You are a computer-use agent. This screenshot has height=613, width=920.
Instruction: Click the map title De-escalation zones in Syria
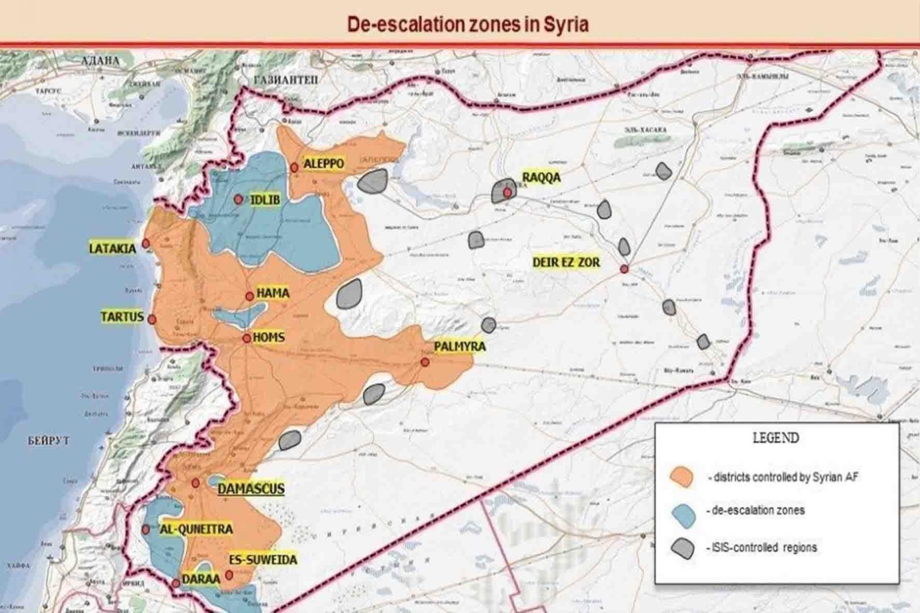click(x=468, y=25)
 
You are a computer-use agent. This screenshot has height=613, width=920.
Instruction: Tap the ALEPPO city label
click(x=323, y=163)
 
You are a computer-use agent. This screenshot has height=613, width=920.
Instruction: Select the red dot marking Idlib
click(x=238, y=199)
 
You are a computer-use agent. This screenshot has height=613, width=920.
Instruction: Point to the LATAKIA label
click(x=113, y=248)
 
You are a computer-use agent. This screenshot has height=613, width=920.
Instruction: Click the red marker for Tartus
click(x=152, y=320)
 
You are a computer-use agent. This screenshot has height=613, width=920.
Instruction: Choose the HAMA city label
click(x=273, y=293)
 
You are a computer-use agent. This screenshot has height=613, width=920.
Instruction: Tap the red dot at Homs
click(x=247, y=339)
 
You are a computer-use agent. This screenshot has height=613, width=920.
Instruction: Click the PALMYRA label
click(x=460, y=347)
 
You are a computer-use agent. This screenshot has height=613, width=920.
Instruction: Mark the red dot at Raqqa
click(x=507, y=193)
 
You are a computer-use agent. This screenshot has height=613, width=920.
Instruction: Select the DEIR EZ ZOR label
click(x=566, y=262)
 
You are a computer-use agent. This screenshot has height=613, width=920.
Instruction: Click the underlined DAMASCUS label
click(x=250, y=489)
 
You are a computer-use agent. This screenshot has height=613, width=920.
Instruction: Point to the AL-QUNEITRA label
click(x=196, y=529)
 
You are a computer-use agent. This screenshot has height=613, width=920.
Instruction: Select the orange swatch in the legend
click(x=682, y=477)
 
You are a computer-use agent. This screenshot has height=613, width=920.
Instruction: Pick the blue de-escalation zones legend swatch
click(x=683, y=515)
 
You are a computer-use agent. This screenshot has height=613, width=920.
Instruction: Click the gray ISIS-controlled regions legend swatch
click(x=682, y=548)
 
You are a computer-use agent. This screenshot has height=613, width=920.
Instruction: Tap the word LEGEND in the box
click(x=776, y=438)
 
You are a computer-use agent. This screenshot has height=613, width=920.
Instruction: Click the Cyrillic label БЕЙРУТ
click(x=49, y=441)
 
